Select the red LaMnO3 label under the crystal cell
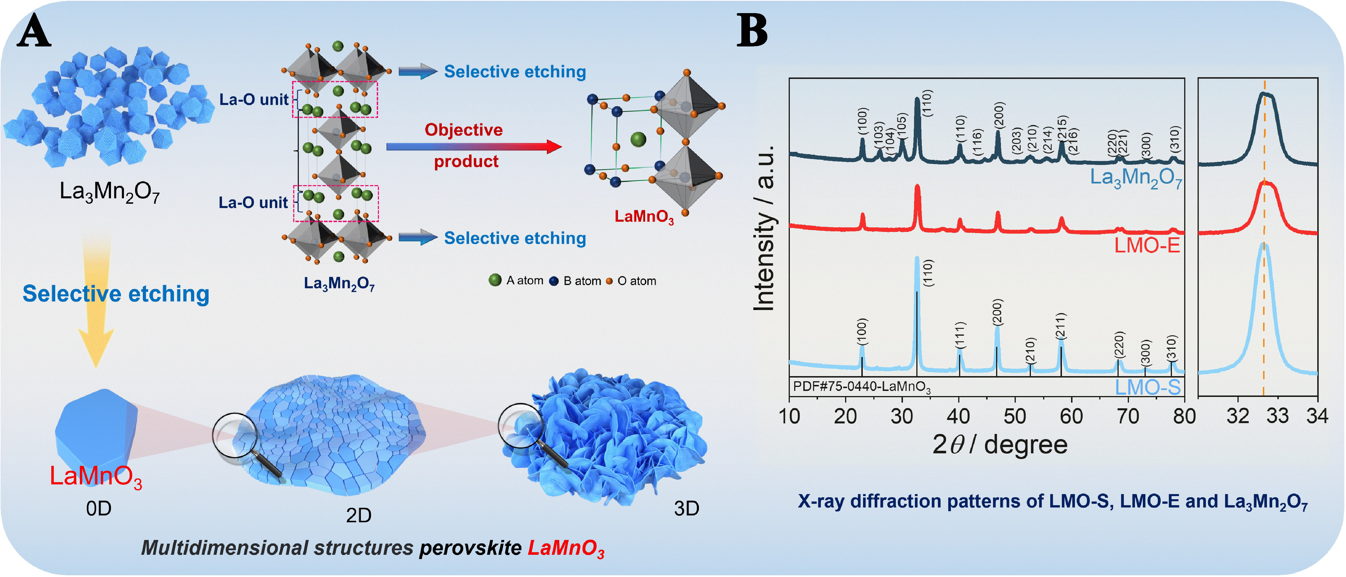tap(644, 216)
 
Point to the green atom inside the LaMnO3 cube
tap(638, 139)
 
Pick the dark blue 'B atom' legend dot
tap(554, 281)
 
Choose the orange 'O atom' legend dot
tap(609, 281)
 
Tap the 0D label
tap(99, 508)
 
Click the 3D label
tap(686, 508)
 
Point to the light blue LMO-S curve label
tap(1147, 387)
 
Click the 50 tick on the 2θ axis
tap(1015, 416)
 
